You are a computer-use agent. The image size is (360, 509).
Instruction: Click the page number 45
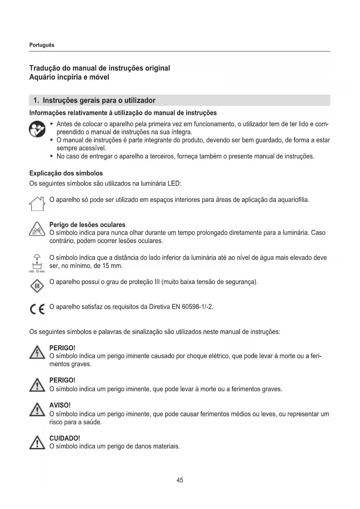pyautogui.click(x=180, y=480)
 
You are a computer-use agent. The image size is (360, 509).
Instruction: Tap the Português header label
pyautogui.click(x=42, y=45)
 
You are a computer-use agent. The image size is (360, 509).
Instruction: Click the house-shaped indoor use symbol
pyautogui.click(x=37, y=203)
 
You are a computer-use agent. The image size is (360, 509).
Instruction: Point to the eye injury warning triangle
pyautogui.click(x=37, y=229)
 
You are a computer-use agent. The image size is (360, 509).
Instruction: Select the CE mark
pyautogui.click(x=37, y=309)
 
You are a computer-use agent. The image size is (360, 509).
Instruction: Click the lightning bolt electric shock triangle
pyautogui.click(x=37, y=353)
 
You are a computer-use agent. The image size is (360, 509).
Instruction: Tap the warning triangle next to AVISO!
pyautogui.click(x=37, y=410)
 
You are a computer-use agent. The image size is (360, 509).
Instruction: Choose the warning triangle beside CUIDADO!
pyautogui.click(x=37, y=443)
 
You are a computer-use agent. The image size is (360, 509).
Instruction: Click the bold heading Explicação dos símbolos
pyautogui.click(x=66, y=173)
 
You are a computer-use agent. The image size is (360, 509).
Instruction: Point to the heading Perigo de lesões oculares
pyautogui.click(x=87, y=225)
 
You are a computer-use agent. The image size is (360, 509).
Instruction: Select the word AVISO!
pyautogui.click(x=60, y=405)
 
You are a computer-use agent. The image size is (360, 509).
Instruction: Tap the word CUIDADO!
pyautogui.click(x=65, y=438)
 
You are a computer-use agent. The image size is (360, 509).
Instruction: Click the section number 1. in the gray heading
pyautogui.click(x=36, y=100)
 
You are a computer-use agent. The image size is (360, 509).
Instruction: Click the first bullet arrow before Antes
pyautogui.click(x=52, y=124)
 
